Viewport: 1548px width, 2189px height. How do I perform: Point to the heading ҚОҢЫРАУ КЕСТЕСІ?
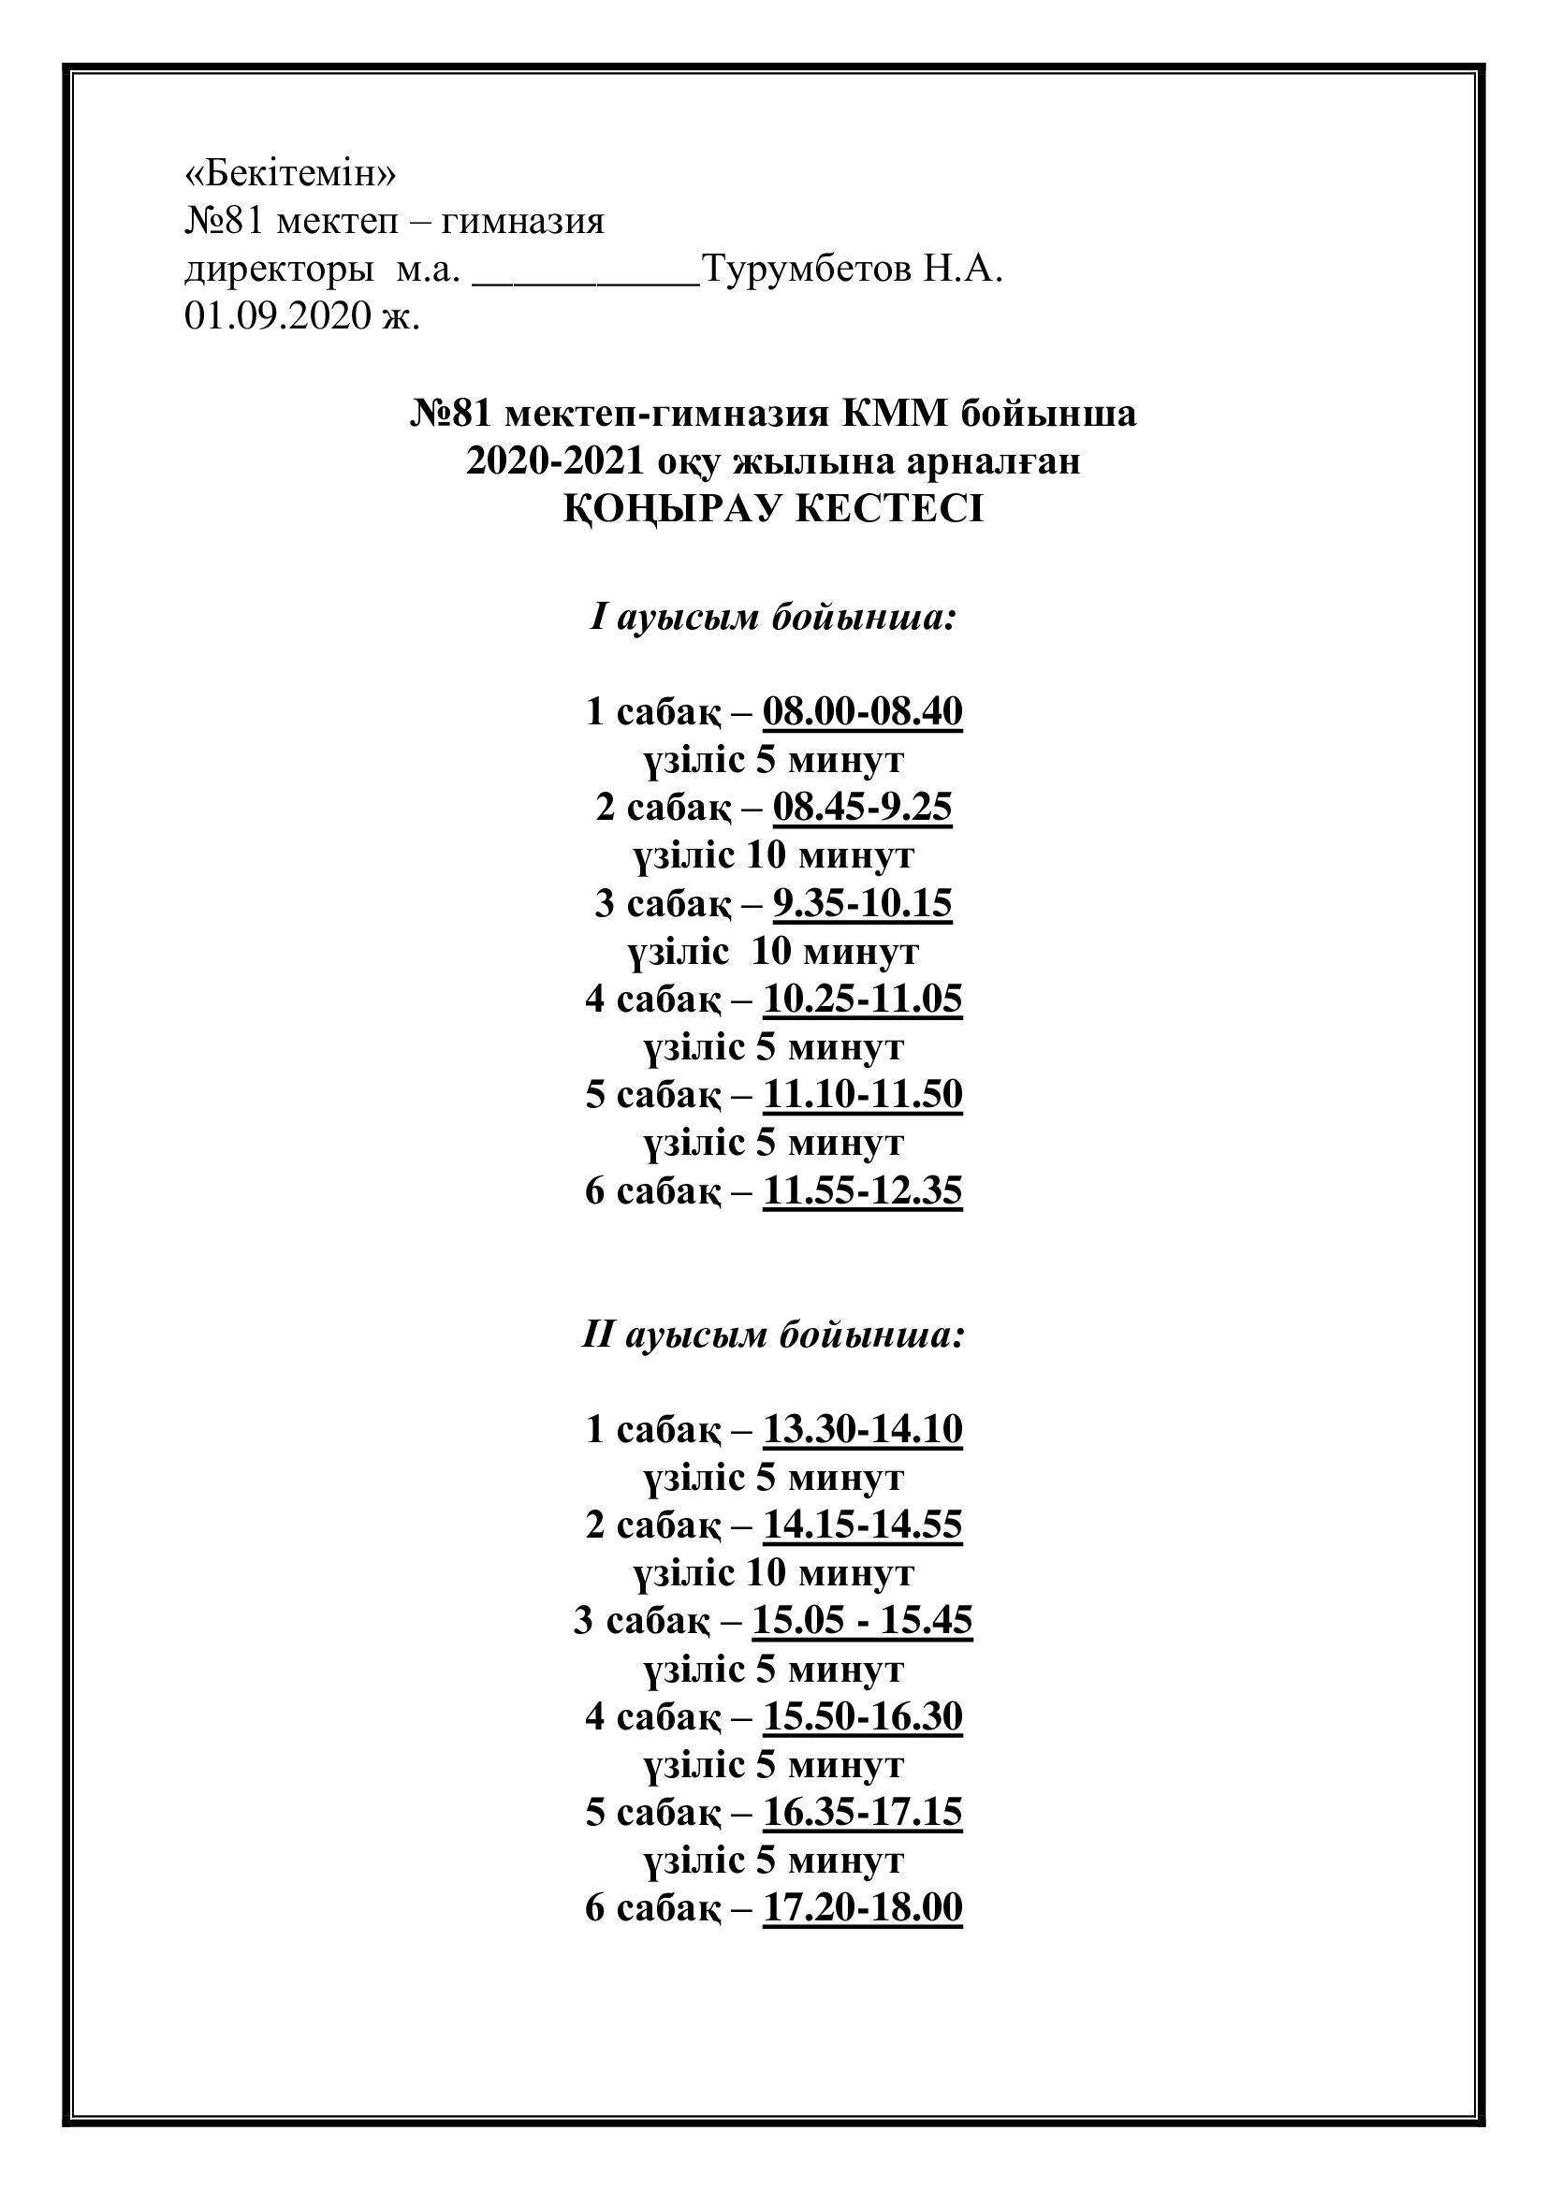click(x=773, y=510)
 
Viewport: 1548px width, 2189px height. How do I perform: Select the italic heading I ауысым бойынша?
click(x=773, y=618)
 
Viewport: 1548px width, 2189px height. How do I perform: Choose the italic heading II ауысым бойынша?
click(x=773, y=1335)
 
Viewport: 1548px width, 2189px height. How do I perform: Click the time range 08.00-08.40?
click(x=863, y=712)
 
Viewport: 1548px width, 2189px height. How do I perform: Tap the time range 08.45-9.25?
click(x=863, y=808)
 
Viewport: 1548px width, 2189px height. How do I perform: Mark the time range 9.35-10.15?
click(x=863, y=903)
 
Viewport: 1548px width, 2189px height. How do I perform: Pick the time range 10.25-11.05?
click(x=863, y=1000)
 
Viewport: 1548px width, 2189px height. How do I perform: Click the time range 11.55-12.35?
click(x=863, y=1190)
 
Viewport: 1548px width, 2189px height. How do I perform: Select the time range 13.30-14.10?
click(x=863, y=1430)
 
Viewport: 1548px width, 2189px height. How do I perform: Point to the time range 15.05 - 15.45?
click(x=863, y=1621)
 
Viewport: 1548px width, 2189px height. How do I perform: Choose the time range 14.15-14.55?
click(x=863, y=1525)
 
